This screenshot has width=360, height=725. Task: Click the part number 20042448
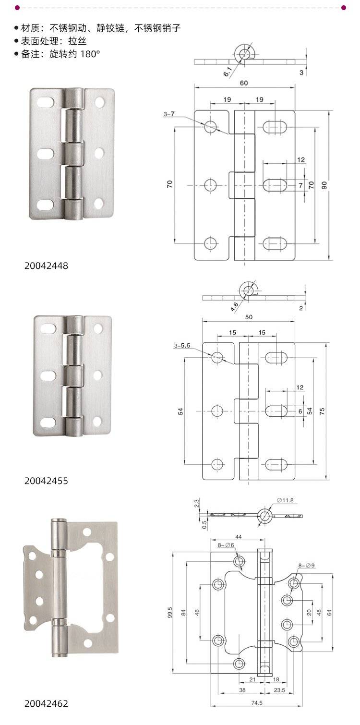[46, 266]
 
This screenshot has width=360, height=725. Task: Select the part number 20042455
[46, 481]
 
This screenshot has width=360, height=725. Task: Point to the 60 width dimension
[244, 83]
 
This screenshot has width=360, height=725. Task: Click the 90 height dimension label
[324, 185]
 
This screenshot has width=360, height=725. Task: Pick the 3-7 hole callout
[169, 114]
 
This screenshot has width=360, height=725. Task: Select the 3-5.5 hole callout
[182, 346]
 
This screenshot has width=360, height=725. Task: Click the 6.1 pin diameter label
[228, 72]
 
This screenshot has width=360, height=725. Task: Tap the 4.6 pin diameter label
[235, 306]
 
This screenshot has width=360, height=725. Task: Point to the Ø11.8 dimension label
[285, 500]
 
